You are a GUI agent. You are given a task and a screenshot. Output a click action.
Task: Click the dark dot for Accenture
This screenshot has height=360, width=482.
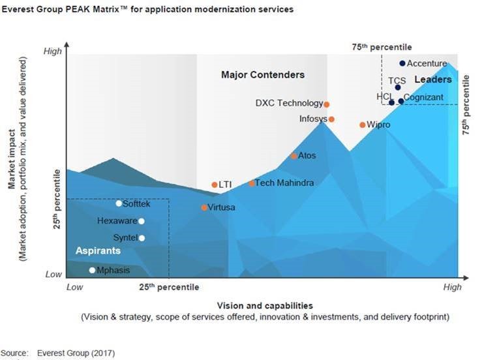tap(402, 63)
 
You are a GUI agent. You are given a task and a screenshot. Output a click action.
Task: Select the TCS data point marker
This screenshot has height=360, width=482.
tap(398, 87)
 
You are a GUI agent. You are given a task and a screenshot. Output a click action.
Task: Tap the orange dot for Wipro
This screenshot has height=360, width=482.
tap(363, 125)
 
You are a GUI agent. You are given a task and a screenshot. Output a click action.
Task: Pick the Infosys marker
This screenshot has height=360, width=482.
tap(331, 119)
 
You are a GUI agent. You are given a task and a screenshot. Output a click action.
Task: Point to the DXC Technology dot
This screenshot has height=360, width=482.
tap(327, 104)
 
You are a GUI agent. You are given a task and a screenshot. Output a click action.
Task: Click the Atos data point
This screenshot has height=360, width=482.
tap(294, 156)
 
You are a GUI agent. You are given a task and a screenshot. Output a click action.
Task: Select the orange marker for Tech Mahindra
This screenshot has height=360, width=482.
tap(252, 183)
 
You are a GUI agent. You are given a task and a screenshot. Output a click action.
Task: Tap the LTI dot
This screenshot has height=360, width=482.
tap(215, 185)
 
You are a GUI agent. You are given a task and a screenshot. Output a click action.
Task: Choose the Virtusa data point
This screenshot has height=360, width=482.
tap(204, 207)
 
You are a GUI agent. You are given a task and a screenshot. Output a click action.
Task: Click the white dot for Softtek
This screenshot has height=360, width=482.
tap(119, 203)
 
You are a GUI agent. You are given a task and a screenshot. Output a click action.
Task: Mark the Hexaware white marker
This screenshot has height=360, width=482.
tap(142, 221)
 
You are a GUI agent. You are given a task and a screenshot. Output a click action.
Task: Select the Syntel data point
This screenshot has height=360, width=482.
tap(142, 237)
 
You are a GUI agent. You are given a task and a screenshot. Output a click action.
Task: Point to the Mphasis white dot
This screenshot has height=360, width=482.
tap(92, 270)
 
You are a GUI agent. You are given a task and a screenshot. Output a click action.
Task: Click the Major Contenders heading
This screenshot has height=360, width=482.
tap(263, 75)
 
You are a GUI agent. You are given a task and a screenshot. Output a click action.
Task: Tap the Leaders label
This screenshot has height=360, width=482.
tap(433, 80)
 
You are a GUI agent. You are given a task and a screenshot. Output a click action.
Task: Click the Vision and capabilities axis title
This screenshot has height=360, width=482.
tap(264, 305)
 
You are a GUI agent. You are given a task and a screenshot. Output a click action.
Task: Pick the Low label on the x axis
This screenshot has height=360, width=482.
tap(75, 287)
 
